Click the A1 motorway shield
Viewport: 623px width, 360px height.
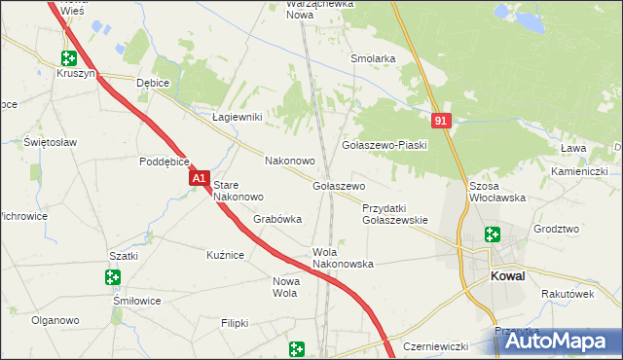199,180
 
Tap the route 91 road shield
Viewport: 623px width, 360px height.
442,120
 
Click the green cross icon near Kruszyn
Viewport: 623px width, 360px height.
68,58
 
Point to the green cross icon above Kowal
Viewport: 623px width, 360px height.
493,234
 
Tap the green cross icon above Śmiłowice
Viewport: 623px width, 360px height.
112,277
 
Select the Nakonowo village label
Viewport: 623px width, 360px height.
289,161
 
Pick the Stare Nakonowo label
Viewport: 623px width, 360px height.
238,190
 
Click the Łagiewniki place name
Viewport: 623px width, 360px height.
238,117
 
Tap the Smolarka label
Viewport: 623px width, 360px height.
372,58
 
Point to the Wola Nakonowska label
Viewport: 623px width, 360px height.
343,257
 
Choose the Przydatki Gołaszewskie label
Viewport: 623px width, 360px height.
394,214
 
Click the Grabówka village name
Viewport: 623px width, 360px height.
277,220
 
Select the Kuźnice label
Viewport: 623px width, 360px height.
224,254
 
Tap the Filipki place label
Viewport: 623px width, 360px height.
235,322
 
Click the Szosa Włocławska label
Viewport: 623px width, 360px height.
496,191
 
